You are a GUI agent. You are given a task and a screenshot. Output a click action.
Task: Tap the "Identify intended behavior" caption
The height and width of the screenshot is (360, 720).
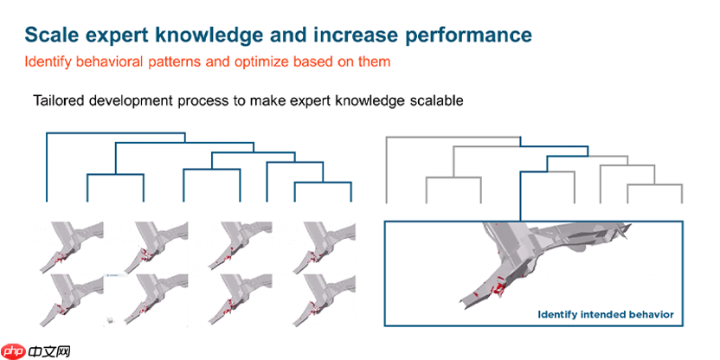606,314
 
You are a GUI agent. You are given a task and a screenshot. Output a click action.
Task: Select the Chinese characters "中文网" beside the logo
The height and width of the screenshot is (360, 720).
48,351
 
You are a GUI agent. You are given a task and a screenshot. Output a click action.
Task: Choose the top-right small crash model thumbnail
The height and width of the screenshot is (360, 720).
325,247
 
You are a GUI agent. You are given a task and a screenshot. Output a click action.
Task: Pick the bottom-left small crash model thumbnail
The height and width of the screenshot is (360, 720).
70,299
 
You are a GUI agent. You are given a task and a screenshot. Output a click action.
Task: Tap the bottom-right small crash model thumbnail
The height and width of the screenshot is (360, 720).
325,299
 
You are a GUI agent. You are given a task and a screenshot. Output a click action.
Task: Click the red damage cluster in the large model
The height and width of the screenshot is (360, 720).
498,288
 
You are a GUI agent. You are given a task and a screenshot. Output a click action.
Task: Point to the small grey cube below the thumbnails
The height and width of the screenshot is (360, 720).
110,320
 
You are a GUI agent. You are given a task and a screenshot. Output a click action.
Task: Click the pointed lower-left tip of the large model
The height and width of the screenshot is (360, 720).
460,302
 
